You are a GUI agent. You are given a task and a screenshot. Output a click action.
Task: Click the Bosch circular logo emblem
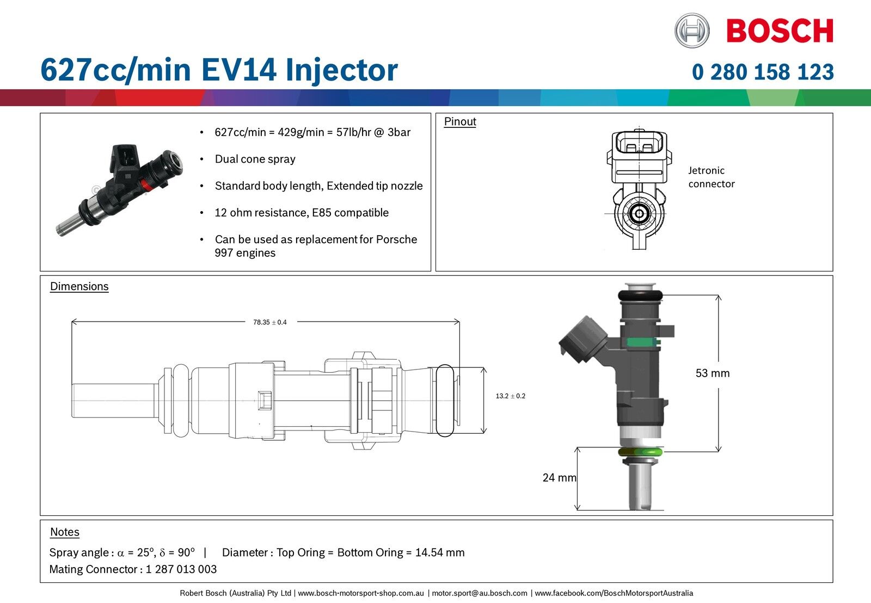coord(692,30)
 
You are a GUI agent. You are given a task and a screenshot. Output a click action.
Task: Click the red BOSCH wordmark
coord(780,31)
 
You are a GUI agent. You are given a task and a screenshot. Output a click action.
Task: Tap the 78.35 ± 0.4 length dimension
coord(269,322)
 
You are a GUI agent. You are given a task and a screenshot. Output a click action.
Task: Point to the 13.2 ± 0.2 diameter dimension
coord(510,396)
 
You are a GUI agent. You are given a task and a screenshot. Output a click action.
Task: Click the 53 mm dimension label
coord(712,373)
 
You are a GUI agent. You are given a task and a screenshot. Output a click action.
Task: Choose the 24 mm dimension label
coord(559,478)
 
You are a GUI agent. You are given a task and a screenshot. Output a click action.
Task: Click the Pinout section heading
coord(460,122)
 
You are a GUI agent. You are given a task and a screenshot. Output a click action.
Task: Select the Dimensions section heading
coord(79,287)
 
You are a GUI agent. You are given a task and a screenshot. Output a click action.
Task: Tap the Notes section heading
coord(65,532)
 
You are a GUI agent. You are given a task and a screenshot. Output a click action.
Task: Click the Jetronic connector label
coord(711,177)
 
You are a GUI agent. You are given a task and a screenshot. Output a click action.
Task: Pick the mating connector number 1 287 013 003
coord(181,569)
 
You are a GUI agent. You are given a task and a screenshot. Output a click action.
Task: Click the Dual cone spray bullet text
coord(255,159)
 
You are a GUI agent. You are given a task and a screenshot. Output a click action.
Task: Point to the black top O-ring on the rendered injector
coord(640,296)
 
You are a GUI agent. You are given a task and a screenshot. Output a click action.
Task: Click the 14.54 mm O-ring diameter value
coord(440,553)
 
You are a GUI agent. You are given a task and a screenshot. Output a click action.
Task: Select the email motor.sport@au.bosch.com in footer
coord(480,593)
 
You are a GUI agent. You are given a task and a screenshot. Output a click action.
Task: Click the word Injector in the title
coord(341,71)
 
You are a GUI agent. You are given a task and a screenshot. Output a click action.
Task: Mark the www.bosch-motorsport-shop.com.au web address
coord(361,593)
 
